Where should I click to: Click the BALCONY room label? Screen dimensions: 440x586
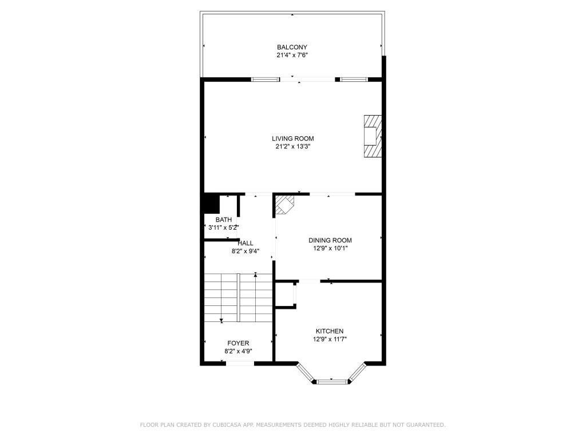[x=292, y=47]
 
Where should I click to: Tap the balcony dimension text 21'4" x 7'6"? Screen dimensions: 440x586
[x=292, y=56]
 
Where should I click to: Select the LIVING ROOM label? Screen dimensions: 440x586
[x=292, y=139]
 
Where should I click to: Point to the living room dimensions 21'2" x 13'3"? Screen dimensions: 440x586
[x=292, y=147]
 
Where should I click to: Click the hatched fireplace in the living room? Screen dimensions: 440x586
[x=371, y=136]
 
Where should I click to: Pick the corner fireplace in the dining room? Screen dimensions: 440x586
[x=284, y=205]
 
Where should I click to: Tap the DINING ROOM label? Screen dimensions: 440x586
[x=330, y=241]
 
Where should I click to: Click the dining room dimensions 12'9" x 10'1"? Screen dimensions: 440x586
[x=330, y=249]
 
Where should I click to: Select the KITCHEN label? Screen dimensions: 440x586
[x=330, y=331]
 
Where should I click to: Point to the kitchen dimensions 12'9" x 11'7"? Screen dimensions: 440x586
[x=330, y=339]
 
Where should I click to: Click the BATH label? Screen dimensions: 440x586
[x=224, y=219]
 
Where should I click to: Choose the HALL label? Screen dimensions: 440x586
[x=246, y=243]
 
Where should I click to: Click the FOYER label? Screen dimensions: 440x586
[x=238, y=343]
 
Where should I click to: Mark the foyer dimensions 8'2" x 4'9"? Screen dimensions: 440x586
[x=238, y=351]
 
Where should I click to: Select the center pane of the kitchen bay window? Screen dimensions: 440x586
[x=331, y=381]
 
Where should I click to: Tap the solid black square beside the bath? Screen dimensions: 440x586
[x=210, y=204]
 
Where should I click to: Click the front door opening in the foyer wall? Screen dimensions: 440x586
[x=240, y=363]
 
